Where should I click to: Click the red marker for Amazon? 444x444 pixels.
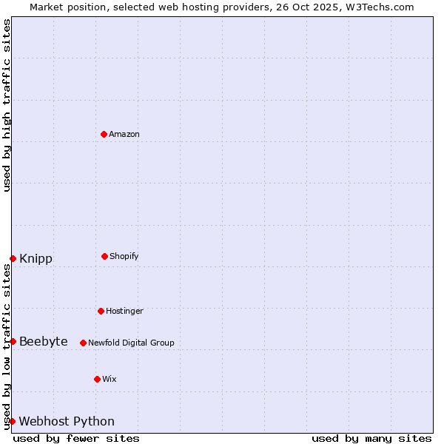pyautogui.click(x=104, y=134)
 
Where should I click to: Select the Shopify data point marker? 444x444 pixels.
pyautogui.click(x=104, y=256)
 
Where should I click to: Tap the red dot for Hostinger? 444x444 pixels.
pyautogui.click(x=101, y=311)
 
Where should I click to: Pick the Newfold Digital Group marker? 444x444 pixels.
pyautogui.click(x=83, y=343)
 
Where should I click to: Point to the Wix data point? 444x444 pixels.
pyautogui.click(x=97, y=379)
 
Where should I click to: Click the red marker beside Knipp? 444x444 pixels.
pyautogui.click(x=13, y=258)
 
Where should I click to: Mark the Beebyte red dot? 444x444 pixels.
pyautogui.click(x=13, y=341)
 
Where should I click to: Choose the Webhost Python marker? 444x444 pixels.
pyautogui.click(x=12, y=421)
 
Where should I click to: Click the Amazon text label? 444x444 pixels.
pyautogui.click(x=124, y=134)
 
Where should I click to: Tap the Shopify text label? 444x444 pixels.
pyautogui.click(x=124, y=256)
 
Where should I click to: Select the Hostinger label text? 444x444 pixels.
pyautogui.click(x=124, y=311)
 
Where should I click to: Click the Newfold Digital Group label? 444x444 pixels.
pyautogui.click(x=131, y=343)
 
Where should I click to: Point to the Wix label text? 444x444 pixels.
pyautogui.click(x=110, y=379)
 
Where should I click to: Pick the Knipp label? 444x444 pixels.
pyautogui.click(x=36, y=258)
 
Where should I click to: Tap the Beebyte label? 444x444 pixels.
pyautogui.click(x=44, y=341)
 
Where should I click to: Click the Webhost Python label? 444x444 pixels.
pyautogui.click(x=67, y=421)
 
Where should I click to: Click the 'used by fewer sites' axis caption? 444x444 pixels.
pyautogui.click(x=76, y=438)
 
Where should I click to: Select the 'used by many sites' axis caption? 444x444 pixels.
pyautogui.click(x=371, y=438)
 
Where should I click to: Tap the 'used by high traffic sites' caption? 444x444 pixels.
pyautogui.click(x=7, y=105)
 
